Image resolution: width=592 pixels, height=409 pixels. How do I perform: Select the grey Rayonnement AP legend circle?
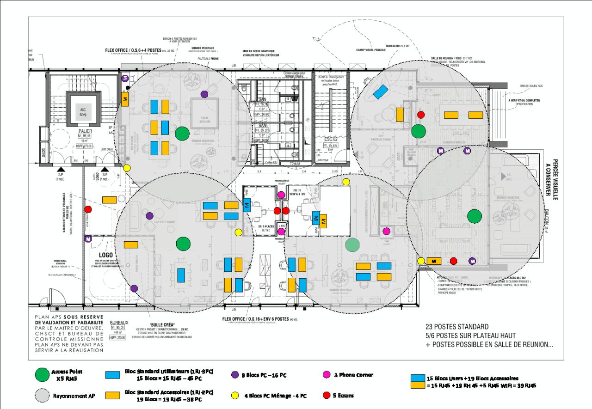43,395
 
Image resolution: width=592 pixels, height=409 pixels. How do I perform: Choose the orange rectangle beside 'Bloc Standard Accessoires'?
110,395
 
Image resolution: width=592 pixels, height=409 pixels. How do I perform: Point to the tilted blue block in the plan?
380,92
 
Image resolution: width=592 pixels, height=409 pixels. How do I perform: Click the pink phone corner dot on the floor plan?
386,231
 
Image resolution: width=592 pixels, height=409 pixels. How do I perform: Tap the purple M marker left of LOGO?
88,239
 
